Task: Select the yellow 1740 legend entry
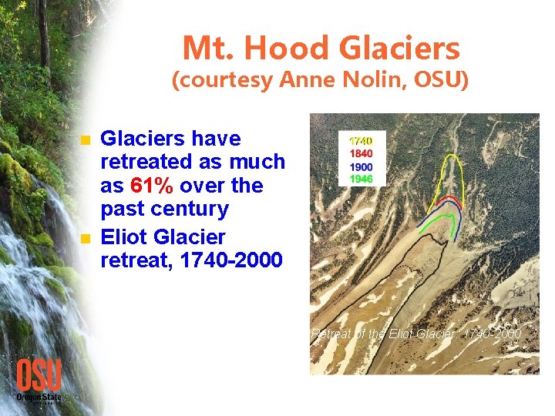tap(361, 142)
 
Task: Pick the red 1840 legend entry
tap(361, 154)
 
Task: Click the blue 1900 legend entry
tap(361, 166)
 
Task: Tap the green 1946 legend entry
tap(361, 179)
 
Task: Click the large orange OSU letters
tap(39, 375)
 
